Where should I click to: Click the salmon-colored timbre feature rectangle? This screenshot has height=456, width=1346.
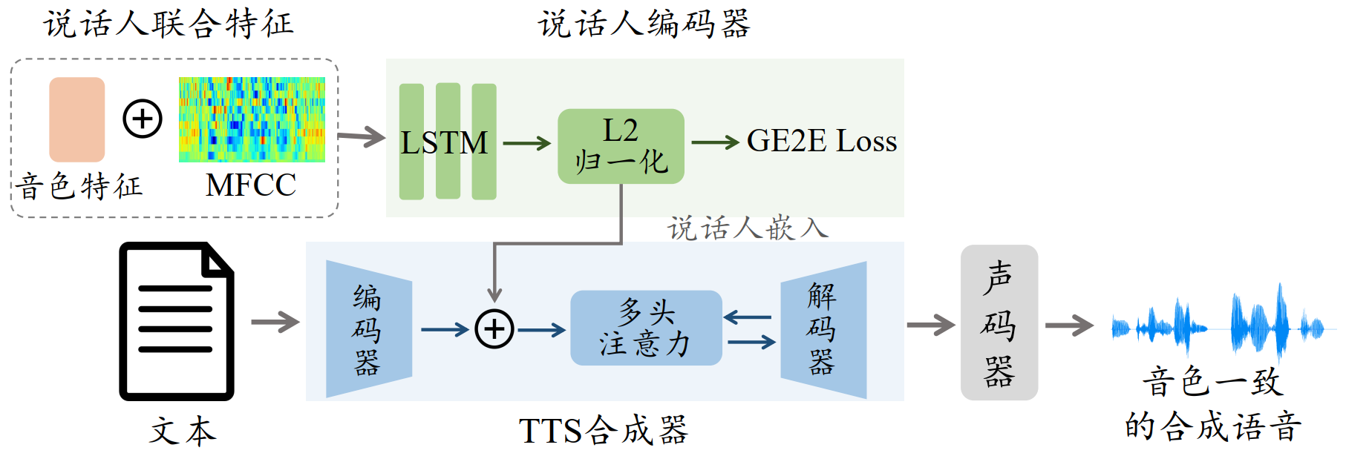pos(76,119)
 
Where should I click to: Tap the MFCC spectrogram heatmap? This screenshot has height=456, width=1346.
pos(252,119)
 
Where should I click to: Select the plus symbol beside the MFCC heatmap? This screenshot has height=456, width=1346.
pos(143,119)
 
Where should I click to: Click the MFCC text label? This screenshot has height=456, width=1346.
pos(251,185)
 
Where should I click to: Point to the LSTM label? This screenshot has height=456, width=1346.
pos(444,142)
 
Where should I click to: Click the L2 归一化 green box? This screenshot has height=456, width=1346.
pos(621,146)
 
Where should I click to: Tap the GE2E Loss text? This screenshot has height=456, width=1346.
pos(821,141)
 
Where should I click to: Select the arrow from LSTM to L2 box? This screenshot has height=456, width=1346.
pos(526,143)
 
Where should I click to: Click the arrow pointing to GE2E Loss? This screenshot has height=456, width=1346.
pos(714,142)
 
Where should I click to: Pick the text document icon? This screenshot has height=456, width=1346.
pos(177,321)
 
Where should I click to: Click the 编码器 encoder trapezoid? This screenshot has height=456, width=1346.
pos(368,329)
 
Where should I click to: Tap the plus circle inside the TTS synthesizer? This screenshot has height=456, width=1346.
pos(494,329)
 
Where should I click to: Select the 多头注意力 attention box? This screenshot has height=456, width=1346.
pos(645,328)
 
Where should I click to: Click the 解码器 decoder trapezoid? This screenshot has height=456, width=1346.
pos(823,329)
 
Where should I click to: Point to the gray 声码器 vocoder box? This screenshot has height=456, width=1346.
pos(999,323)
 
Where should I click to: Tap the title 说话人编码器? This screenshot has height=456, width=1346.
pos(644,24)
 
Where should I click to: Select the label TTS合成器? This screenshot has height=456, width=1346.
pos(603,430)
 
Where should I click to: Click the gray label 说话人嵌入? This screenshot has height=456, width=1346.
pos(747,228)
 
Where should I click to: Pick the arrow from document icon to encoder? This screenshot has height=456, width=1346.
pos(275,322)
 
